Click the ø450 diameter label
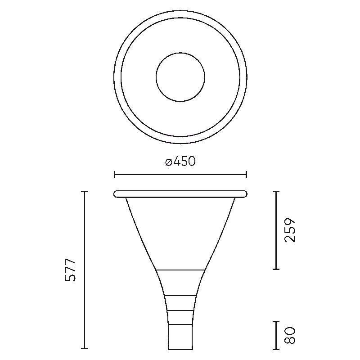(180, 161)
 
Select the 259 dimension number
(289, 230)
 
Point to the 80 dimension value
(289, 335)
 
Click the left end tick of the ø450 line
(114, 174)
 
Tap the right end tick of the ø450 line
(246, 174)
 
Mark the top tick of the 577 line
(85, 191)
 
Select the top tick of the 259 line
(276, 191)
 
